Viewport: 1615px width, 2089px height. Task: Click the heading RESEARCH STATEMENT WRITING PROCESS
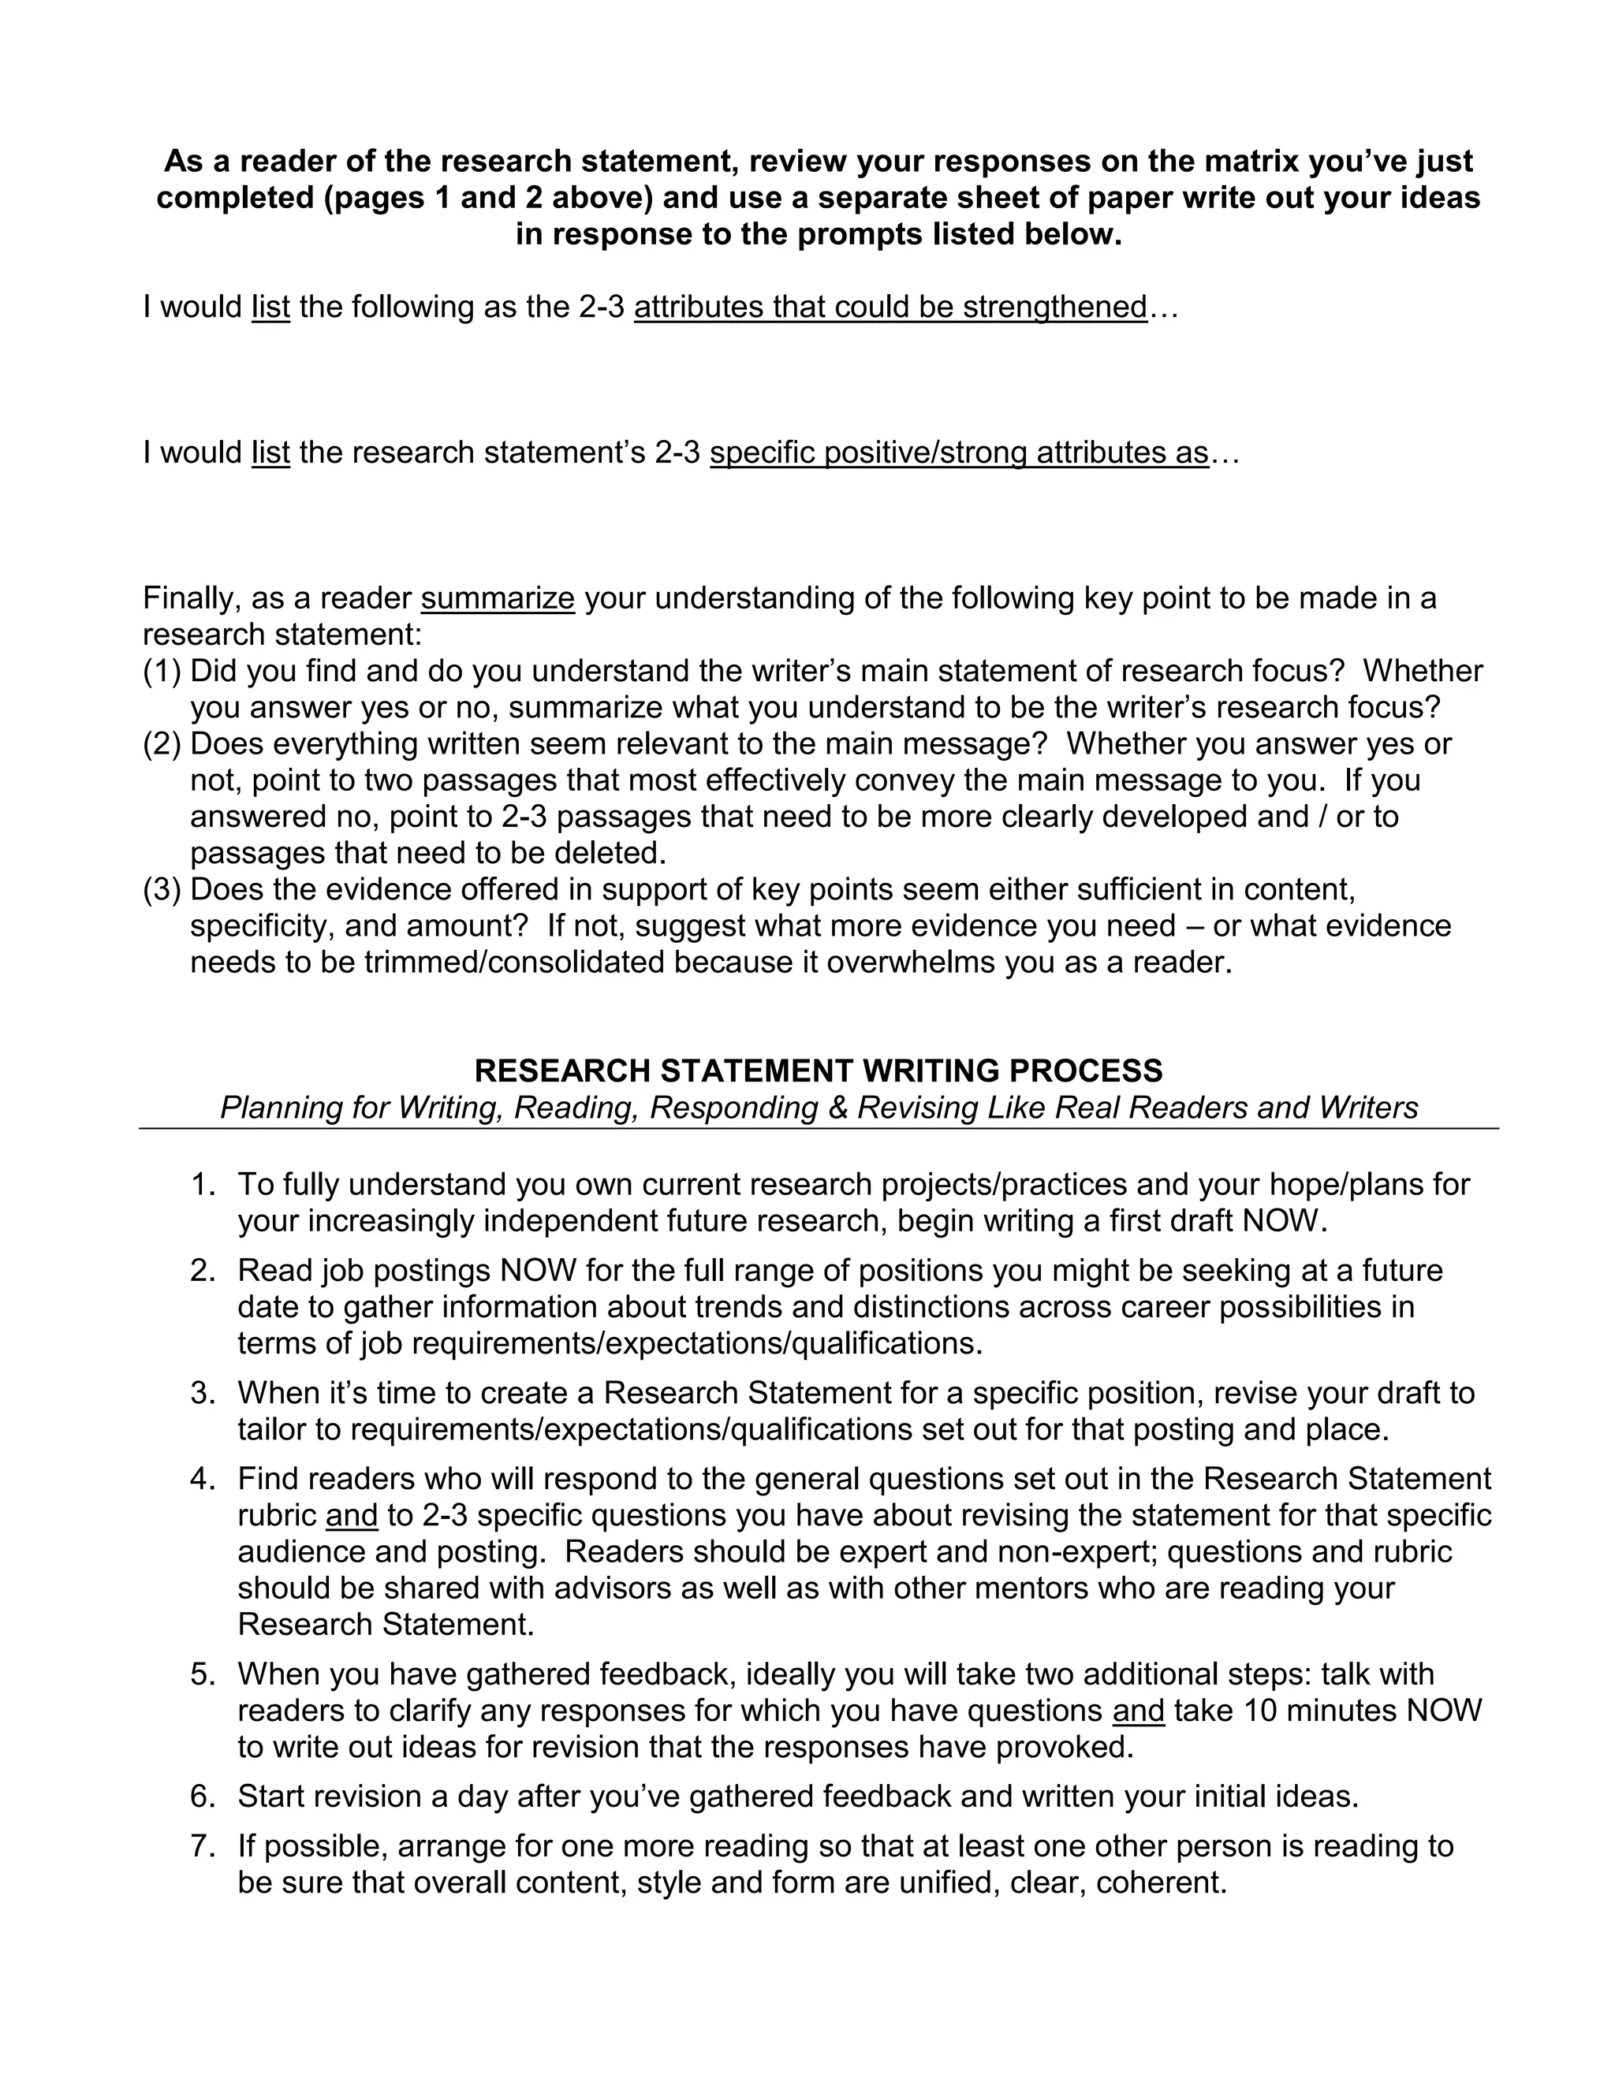(818, 1071)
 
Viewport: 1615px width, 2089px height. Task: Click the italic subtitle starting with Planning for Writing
(818, 1108)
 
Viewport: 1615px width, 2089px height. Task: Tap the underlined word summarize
(498, 599)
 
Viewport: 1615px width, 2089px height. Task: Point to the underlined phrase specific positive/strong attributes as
(959, 452)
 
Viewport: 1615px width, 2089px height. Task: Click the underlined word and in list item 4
(351, 1516)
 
